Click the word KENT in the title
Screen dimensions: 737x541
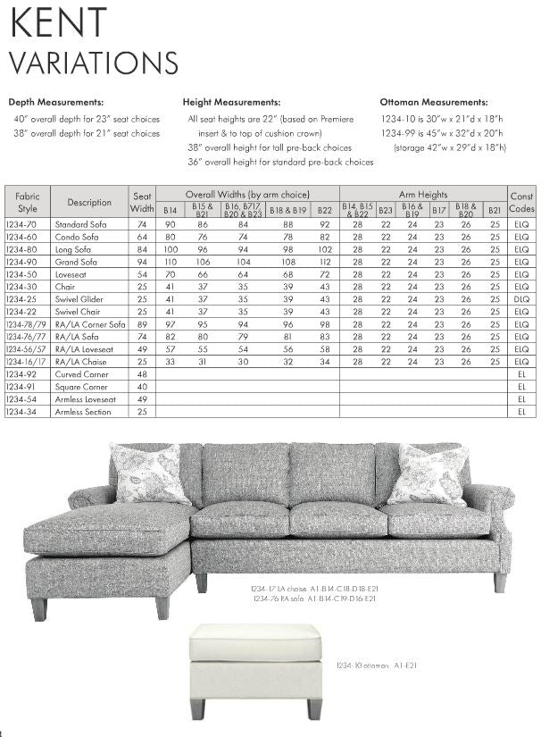(x=58, y=23)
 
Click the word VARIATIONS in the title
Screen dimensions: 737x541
(x=94, y=63)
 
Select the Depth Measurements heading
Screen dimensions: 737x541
(x=56, y=103)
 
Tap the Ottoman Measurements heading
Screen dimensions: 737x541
(x=434, y=103)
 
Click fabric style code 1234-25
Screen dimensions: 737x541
(x=21, y=299)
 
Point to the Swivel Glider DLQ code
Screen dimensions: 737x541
(x=521, y=299)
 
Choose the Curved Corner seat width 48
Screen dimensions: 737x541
(x=143, y=374)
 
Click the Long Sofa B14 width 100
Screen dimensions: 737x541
(x=170, y=249)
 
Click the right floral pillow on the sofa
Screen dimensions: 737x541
(x=427, y=473)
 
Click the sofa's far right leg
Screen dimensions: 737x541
(x=500, y=582)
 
